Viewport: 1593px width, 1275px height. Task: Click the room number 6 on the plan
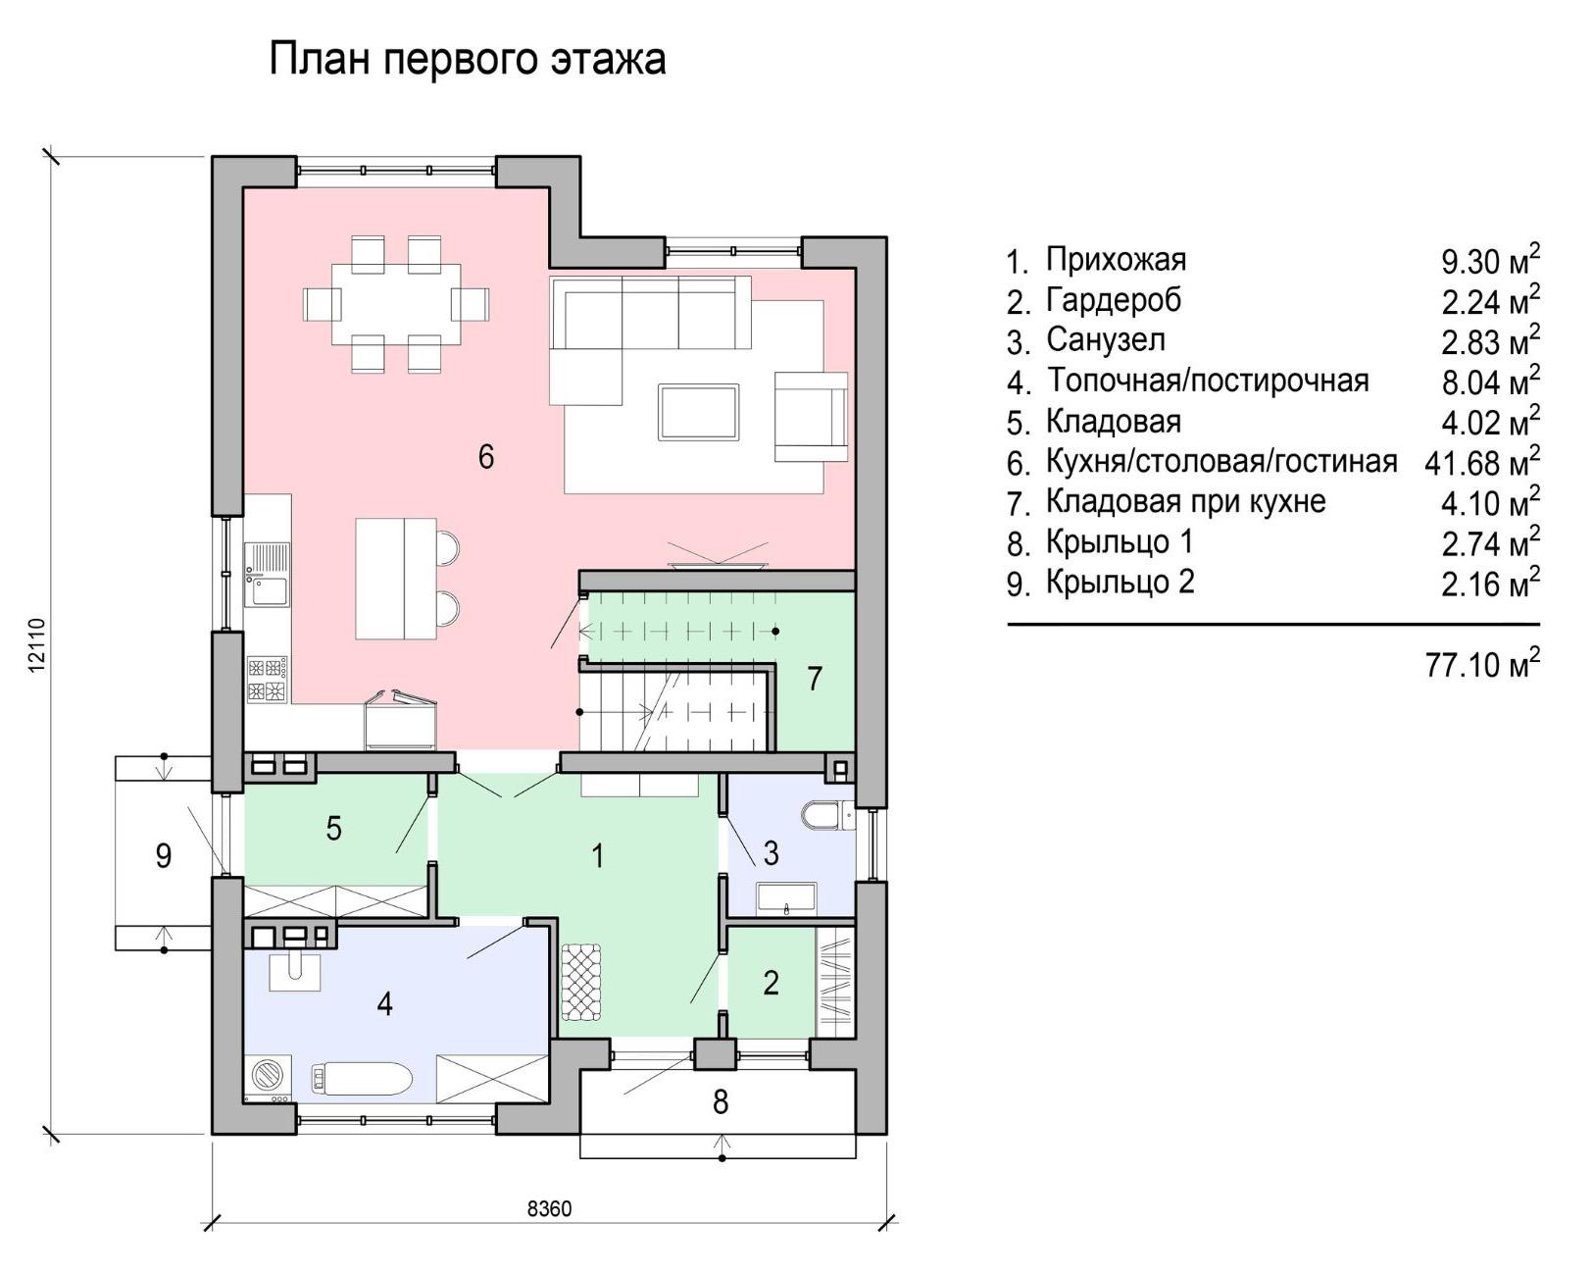click(485, 456)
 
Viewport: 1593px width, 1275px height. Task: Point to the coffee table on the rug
click(699, 412)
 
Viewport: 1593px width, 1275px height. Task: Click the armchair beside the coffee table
click(811, 417)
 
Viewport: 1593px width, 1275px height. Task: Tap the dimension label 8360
click(549, 1208)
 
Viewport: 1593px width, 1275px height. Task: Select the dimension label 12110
click(38, 644)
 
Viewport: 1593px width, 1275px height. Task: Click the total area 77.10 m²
click(1482, 664)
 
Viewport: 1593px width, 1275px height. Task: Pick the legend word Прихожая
click(1116, 259)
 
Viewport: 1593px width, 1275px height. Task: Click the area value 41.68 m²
click(1482, 462)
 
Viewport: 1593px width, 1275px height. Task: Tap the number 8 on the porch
click(721, 1102)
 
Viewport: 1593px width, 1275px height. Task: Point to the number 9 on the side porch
click(164, 856)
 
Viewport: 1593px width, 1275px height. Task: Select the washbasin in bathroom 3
click(786, 898)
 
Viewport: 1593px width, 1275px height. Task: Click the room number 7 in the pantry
click(815, 679)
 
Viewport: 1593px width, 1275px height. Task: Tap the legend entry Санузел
click(1105, 340)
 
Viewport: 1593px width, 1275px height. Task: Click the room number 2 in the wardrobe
click(771, 983)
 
